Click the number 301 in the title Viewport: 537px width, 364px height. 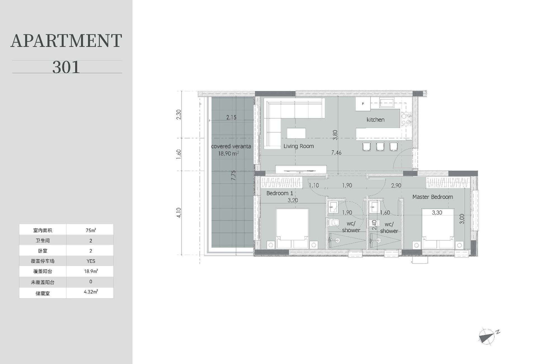tap(66, 67)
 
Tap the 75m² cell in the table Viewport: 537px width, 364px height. tap(91, 230)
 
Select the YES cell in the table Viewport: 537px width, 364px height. tap(91, 261)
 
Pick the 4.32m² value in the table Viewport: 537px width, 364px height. tap(91, 292)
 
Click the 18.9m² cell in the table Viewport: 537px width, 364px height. tap(91, 271)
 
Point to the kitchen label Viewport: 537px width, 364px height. tap(375, 120)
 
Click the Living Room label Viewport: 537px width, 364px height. tap(298, 146)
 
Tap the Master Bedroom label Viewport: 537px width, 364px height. tap(432, 197)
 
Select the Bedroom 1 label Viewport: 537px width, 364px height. tap(280, 193)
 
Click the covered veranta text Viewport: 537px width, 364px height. tap(231, 146)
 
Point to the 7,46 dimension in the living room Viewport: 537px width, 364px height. tap(336, 153)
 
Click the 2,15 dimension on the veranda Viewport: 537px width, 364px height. tap(231, 117)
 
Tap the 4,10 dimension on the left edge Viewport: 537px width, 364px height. tap(179, 212)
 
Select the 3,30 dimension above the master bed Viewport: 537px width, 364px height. tap(437, 212)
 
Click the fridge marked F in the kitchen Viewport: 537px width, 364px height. tap(363, 104)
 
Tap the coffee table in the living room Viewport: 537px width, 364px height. tap(296, 133)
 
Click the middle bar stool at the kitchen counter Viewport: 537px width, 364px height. tap(380, 146)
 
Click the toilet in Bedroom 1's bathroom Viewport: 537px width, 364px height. tap(333, 223)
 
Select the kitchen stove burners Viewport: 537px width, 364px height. tap(406, 119)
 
